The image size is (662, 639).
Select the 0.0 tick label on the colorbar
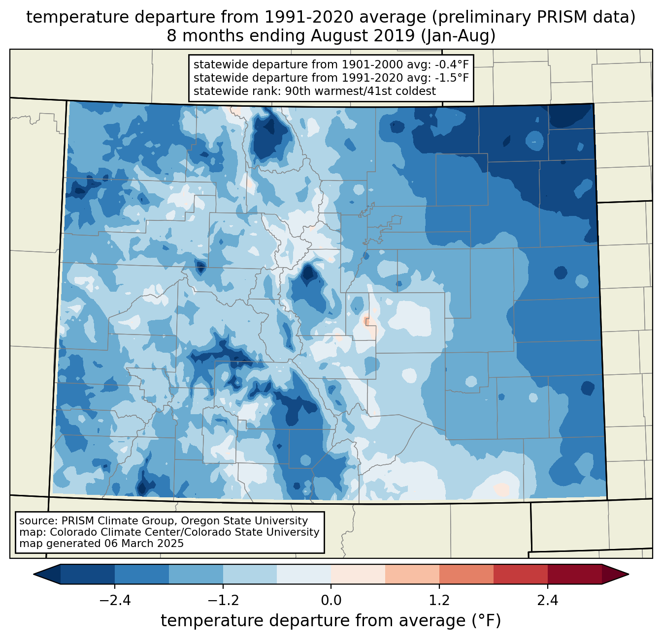(x=331, y=601)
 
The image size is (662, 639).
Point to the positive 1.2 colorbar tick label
(x=439, y=601)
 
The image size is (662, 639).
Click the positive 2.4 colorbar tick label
(x=548, y=601)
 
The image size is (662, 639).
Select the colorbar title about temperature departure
(x=331, y=621)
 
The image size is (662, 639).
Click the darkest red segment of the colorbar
(x=574, y=574)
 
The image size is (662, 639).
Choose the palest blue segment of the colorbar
(x=304, y=574)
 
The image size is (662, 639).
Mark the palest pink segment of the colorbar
(x=358, y=574)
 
